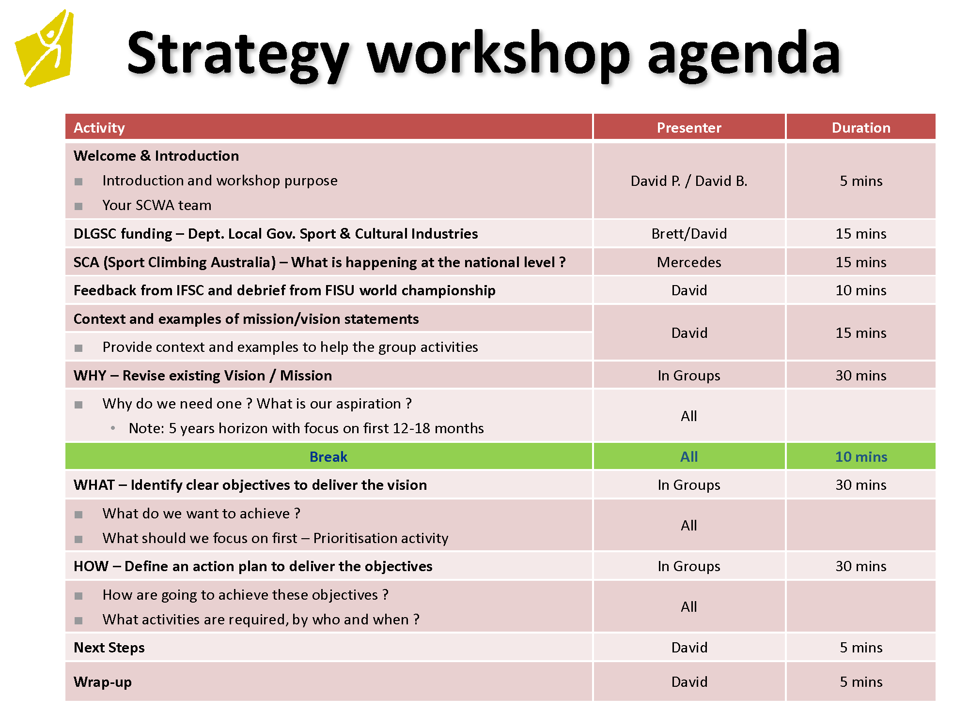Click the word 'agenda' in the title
point(744,54)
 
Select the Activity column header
point(99,128)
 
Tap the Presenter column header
point(689,128)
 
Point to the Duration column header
point(861,128)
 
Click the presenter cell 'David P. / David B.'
point(689,181)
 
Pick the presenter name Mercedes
point(689,262)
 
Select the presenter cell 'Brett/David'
point(689,234)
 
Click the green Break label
point(328,457)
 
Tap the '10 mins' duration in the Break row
point(861,457)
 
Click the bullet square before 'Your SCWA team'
point(78,206)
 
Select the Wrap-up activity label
point(103,682)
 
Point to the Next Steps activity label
point(109,648)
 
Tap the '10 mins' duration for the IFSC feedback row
point(861,290)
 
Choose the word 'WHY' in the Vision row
point(90,376)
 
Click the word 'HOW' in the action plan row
point(91,566)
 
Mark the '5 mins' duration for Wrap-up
point(861,682)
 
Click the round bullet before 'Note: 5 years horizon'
point(113,428)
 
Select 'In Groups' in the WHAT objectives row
point(689,485)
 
